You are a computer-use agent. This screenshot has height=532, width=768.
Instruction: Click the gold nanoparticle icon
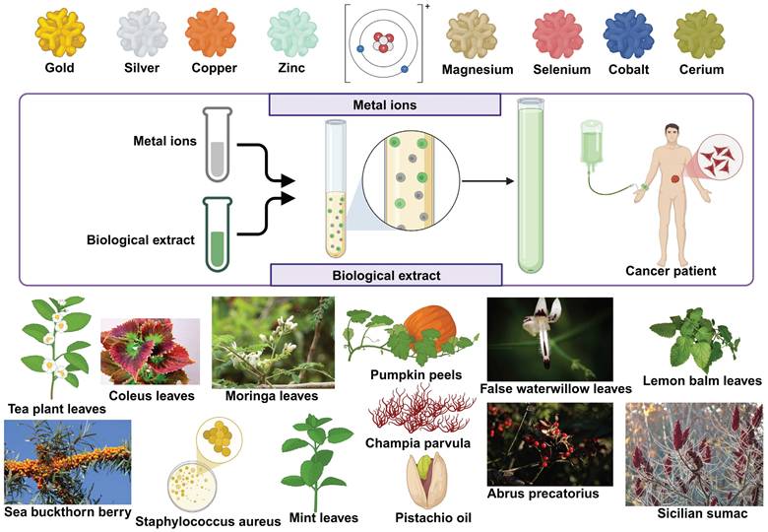point(60,33)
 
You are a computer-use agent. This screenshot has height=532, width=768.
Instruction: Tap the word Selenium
point(562,70)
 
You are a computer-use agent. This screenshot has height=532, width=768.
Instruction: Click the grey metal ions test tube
point(218,146)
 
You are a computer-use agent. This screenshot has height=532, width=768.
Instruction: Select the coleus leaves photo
point(151,351)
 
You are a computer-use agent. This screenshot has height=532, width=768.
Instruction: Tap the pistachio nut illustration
point(425,478)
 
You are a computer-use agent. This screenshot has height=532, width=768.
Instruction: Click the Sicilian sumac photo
point(693,453)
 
